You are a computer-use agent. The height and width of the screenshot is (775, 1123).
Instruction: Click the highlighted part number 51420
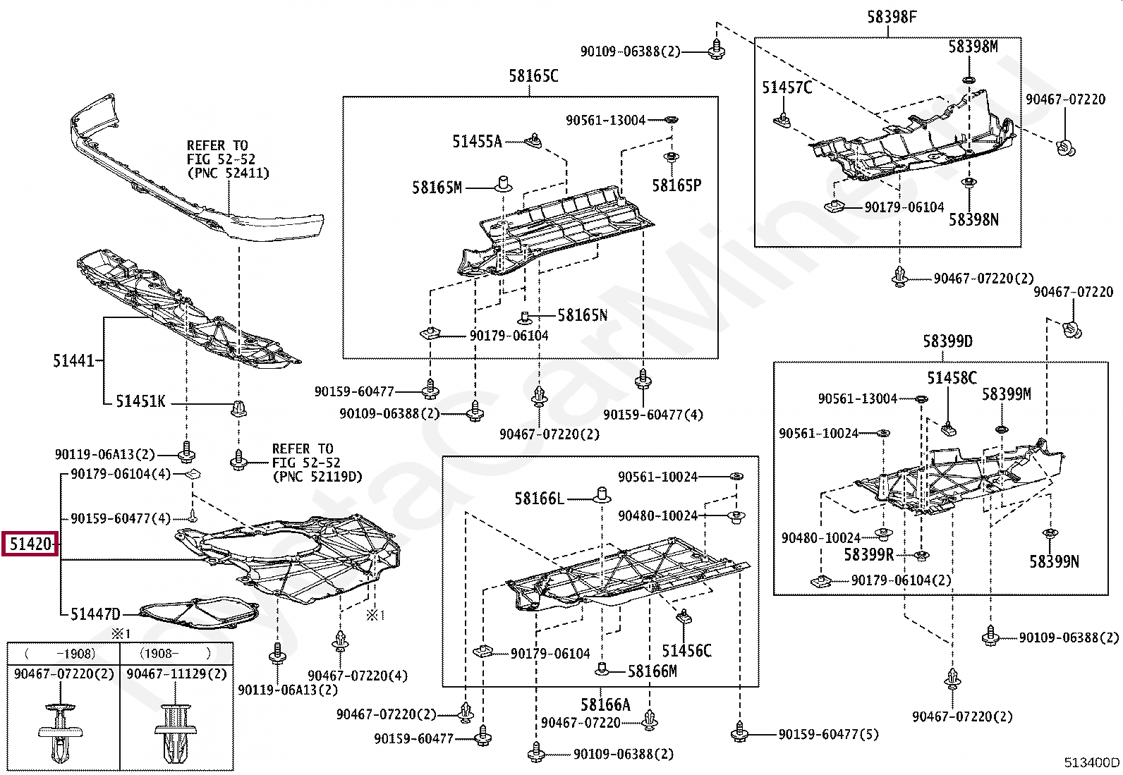pyautogui.click(x=30, y=544)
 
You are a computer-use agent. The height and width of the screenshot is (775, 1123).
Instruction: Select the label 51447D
pyautogui.click(x=95, y=614)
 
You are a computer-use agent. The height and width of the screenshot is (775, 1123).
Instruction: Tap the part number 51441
pyautogui.click(x=73, y=361)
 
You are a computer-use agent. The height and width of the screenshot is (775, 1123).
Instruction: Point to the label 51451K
pyautogui.click(x=140, y=401)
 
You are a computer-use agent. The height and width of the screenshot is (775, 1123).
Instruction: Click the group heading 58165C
pyautogui.click(x=533, y=76)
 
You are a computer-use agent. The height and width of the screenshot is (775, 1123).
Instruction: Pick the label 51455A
pyautogui.click(x=477, y=142)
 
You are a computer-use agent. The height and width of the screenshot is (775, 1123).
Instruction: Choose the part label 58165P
pyautogui.click(x=676, y=185)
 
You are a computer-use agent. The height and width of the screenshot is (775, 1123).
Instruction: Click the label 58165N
pyautogui.click(x=582, y=315)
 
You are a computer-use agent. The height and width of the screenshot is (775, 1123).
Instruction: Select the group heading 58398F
pyautogui.click(x=892, y=17)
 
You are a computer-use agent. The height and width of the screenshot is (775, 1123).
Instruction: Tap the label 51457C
pyautogui.click(x=787, y=87)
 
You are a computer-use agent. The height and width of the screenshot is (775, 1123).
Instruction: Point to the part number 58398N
pyautogui.click(x=973, y=220)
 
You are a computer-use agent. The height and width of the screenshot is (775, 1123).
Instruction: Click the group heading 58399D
pyautogui.click(x=947, y=342)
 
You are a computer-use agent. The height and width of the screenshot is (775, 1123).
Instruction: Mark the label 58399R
pyautogui.click(x=868, y=555)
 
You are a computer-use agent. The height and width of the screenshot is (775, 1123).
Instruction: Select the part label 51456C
pyautogui.click(x=686, y=651)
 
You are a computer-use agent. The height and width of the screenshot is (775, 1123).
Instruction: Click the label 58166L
pyautogui.click(x=539, y=499)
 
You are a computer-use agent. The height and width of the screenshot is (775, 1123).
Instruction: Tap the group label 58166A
pyautogui.click(x=605, y=704)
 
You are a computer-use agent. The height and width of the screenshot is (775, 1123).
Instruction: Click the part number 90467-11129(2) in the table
pyautogui.click(x=176, y=674)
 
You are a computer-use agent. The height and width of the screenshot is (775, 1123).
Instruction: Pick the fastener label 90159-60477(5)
pyautogui.click(x=828, y=735)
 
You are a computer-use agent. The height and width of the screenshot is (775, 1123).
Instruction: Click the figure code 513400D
pyautogui.click(x=1091, y=762)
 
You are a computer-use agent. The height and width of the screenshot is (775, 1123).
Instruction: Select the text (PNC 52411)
pyautogui.click(x=229, y=173)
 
